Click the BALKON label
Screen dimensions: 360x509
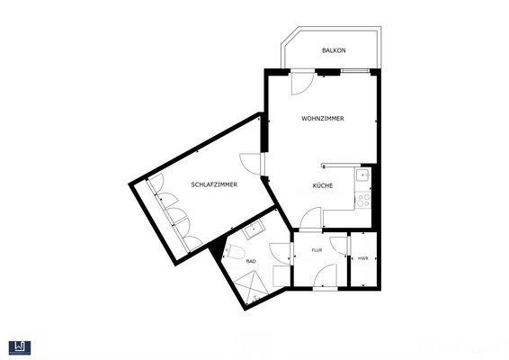(x=334, y=50)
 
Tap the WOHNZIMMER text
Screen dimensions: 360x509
(x=323, y=119)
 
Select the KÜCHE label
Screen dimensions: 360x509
(x=323, y=185)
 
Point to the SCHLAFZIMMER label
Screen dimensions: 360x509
(x=214, y=184)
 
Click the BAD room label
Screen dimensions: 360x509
(x=251, y=261)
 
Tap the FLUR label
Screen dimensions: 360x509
(x=317, y=251)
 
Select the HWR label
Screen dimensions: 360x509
(x=362, y=258)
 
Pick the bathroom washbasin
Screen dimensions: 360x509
(x=254, y=229)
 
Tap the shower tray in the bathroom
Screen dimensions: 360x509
(x=249, y=286)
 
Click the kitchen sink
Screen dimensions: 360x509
(x=363, y=175)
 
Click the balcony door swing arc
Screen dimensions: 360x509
(x=302, y=82)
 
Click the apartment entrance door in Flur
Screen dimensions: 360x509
(x=327, y=276)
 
